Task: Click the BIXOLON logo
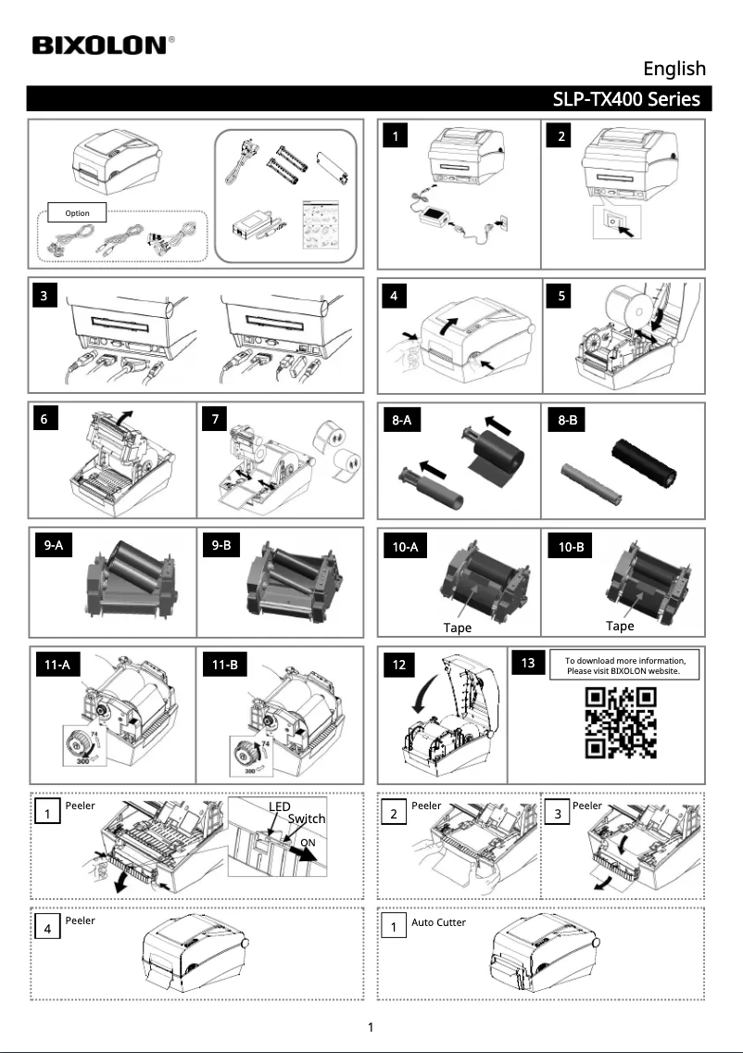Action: (x=103, y=45)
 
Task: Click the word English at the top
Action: (x=674, y=69)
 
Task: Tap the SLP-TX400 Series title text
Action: (x=626, y=98)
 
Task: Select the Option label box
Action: (x=77, y=213)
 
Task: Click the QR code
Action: (x=620, y=723)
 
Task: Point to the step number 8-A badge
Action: (x=401, y=420)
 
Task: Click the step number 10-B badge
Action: (x=571, y=547)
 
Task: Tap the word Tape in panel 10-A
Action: (x=457, y=628)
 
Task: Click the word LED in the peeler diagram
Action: (x=279, y=806)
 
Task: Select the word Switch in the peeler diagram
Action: (x=306, y=818)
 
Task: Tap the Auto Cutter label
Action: (x=438, y=922)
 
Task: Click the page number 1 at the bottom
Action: (x=371, y=1027)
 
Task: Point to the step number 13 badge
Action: (x=528, y=663)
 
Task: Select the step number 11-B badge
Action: (x=224, y=665)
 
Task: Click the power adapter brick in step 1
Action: (x=434, y=216)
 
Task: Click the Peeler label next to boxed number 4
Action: (x=80, y=920)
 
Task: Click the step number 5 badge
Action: (x=560, y=296)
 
